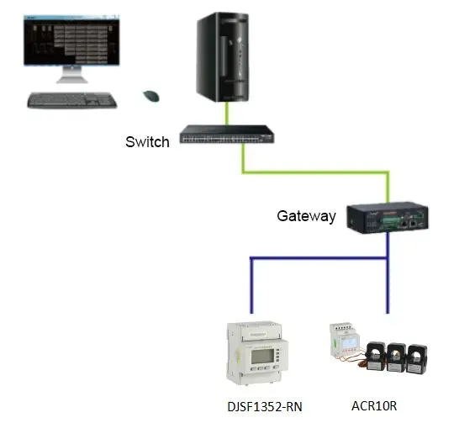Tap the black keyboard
pyautogui.click(x=71, y=99)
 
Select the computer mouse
pyautogui.click(x=151, y=96)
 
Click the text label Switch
pyautogui.click(x=147, y=142)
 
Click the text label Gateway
pyautogui.click(x=306, y=216)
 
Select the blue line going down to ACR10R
pyautogui.click(x=388, y=286)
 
